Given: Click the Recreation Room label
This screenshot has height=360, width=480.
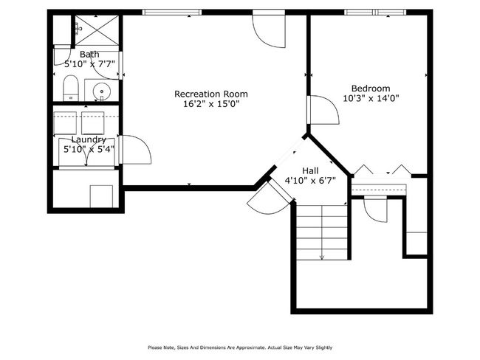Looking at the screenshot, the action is (x=211, y=94).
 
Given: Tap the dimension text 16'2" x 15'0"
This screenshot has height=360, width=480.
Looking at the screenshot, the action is (x=211, y=104).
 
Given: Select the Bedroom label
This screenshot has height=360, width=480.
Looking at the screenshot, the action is (x=371, y=89).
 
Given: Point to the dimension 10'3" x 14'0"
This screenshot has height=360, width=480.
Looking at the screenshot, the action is (x=371, y=99).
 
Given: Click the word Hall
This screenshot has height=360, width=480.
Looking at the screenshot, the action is (x=310, y=170).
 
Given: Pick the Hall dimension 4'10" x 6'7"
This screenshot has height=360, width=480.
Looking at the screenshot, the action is (x=310, y=181).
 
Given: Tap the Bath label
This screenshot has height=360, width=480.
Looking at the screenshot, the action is (x=89, y=55).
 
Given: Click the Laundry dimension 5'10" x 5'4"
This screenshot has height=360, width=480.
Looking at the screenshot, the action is (x=89, y=149).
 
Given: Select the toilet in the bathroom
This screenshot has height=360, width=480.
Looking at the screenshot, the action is (x=71, y=88).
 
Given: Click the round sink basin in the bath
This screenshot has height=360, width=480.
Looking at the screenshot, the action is (x=101, y=91).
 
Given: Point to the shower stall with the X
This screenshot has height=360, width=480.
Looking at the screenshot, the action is (x=97, y=30).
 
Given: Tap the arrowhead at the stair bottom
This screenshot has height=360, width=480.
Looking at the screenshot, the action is (x=322, y=257).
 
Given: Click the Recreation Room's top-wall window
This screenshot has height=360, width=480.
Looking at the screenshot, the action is (x=172, y=13).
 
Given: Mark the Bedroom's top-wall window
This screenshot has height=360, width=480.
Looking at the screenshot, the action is (x=375, y=13).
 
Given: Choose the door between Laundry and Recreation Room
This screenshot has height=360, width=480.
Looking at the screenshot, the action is (x=135, y=150).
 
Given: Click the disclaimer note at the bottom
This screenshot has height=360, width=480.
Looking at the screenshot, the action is (x=240, y=347).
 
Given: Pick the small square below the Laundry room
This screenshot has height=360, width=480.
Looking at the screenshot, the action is (x=101, y=196).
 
